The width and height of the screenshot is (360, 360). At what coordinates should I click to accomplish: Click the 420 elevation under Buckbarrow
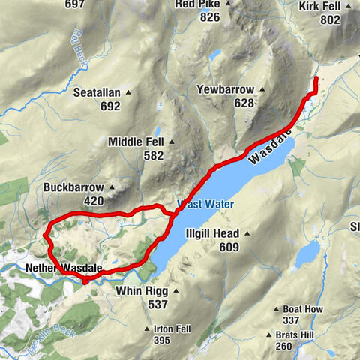(x=93, y=201)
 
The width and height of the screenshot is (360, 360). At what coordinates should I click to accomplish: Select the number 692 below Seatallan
(x=109, y=106)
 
